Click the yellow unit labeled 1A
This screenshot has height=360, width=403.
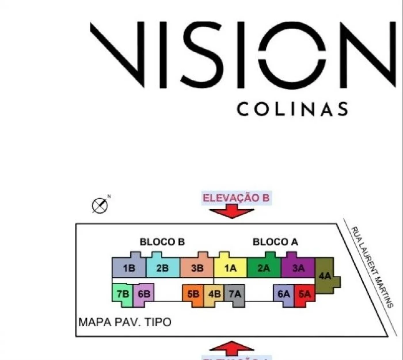tap(230, 268)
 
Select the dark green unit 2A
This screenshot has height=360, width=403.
tap(264, 268)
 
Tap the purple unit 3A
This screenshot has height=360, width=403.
tap(298, 268)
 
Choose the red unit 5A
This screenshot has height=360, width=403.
tap(305, 294)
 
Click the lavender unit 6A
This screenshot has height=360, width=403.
tap(284, 294)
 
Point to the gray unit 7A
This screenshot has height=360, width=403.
tap(235, 294)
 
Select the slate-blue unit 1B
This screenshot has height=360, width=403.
tap(129, 268)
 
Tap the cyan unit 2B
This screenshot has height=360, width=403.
tap(163, 268)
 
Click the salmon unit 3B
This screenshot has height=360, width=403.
tap(197, 268)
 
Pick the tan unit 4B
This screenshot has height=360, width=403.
tap(214, 294)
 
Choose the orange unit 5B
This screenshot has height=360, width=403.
tap(193, 294)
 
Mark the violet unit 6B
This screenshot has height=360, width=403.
tap(144, 294)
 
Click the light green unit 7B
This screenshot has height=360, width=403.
tap(123, 294)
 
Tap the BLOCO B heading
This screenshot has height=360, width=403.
tap(162, 242)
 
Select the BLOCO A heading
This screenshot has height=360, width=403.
tap(275, 242)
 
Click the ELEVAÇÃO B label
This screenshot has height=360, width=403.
tap(236, 198)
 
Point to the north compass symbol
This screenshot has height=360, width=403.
tap(100, 206)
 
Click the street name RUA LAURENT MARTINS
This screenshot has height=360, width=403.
tap(372, 267)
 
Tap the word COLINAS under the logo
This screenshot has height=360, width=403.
tap(292, 109)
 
